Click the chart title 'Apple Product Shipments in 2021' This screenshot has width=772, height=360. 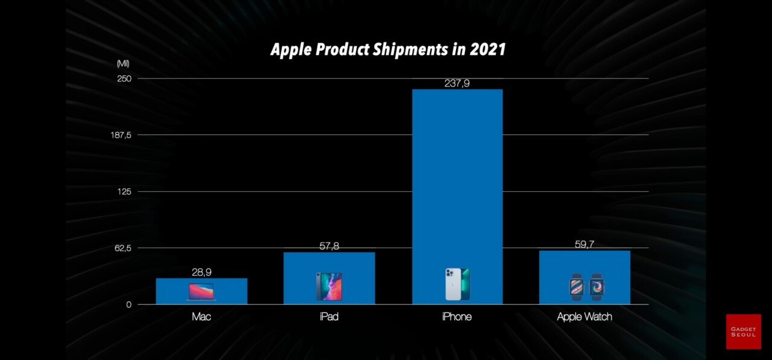(x=388, y=49)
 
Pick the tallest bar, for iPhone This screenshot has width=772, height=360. (x=457, y=181)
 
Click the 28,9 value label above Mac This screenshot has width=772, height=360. (x=201, y=273)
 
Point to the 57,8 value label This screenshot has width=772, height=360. (x=329, y=246)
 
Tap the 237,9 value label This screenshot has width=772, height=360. (x=457, y=84)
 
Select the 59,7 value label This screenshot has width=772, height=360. (x=584, y=245)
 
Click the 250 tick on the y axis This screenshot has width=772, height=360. (x=125, y=78)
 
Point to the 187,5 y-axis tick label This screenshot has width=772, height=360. (x=121, y=135)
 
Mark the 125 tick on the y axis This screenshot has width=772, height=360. (x=125, y=192)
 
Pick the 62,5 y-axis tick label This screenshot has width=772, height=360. (x=122, y=248)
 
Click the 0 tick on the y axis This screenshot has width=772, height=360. (x=128, y=305)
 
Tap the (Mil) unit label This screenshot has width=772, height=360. (x=123, y=63)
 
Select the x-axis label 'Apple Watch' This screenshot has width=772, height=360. (x=584, y=317)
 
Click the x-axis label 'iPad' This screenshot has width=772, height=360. (x=329, y=317)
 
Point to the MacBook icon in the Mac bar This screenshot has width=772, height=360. (x=201, y=292)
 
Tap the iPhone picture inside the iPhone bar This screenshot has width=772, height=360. (x=457, y=285)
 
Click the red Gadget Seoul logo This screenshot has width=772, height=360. (x=743, y=332)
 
